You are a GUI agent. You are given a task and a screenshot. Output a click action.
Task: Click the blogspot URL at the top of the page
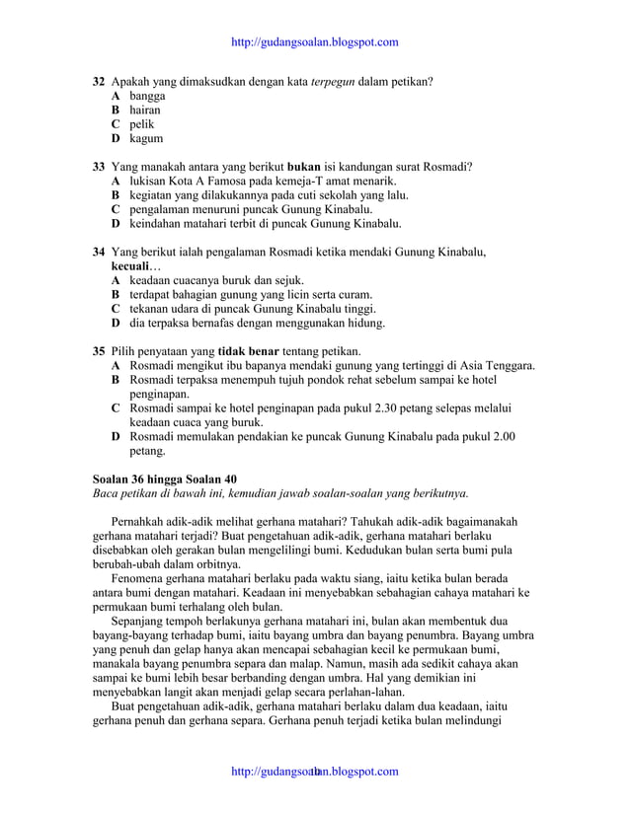314,42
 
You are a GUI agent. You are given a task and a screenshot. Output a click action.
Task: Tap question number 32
99,81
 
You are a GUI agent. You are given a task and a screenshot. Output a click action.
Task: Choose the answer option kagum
146,139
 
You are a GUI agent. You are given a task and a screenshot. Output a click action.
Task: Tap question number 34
99,253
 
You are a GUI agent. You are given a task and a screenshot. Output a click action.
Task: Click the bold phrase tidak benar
248,351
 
